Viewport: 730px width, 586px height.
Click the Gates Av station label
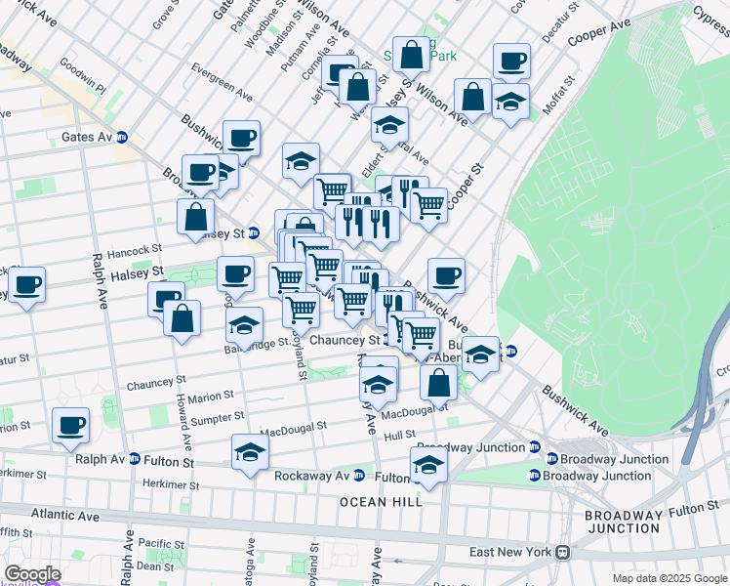tap(87, 138)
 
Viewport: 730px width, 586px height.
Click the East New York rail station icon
tap(563, 552)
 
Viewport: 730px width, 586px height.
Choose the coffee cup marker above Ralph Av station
tap(71, 425)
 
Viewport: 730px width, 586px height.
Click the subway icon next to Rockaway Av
tap(358, 477)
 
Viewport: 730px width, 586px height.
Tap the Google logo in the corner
tap(31, 574)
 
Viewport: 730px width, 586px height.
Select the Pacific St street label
tap(161, 544)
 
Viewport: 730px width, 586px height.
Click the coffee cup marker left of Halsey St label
tap(28, 284)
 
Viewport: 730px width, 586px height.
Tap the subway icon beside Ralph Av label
tap(134, 460)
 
